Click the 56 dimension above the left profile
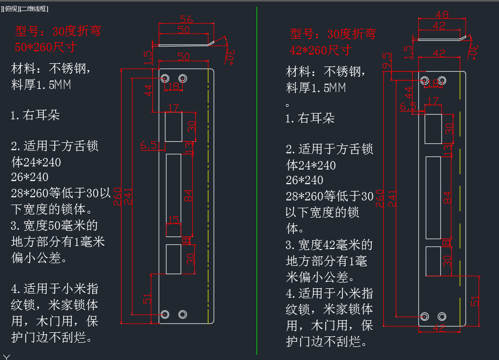[x=186, y=20]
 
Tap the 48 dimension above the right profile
[x=441, y=15]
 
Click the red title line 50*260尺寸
[x=46, y=47]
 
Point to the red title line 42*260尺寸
[x=320, y=50]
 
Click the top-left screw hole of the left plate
[x=165, y=78]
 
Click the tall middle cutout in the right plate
[x=433, y=198]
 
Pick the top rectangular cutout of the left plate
[x=173, y=126]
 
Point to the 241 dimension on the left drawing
[x=127, y=196]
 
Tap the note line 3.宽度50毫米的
[x=54, y=226]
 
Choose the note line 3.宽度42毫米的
[x=329, y=244]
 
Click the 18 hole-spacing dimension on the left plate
[x=174, y=86]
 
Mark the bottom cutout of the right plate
[x=433, y=261]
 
